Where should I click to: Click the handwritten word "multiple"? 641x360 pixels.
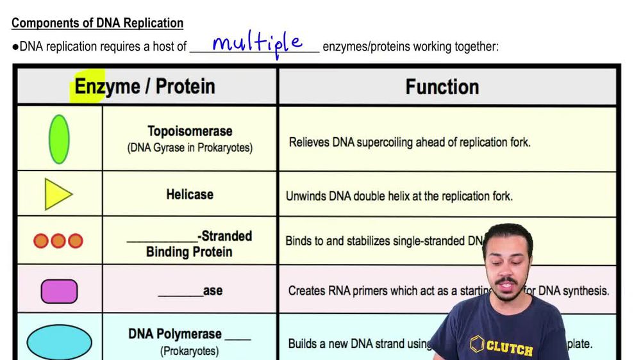[256, 44]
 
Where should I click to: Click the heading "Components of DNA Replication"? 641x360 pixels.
[97, 23]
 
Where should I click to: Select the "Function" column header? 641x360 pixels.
[442, 87]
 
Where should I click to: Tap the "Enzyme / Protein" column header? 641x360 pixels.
[145, 86]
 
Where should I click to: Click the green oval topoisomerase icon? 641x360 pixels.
[59, 139]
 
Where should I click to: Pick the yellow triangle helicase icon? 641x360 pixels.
[58, 194]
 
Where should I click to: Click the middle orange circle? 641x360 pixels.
[58, 241]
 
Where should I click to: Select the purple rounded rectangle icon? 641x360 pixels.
[59, 291]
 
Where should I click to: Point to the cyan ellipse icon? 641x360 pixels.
[59, 342]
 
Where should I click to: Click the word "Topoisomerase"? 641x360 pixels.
[190, 131]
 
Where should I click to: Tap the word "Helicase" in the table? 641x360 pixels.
[190, 194]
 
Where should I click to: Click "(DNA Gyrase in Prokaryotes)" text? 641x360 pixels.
[190, 148]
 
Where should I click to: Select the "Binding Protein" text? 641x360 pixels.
[189, 252]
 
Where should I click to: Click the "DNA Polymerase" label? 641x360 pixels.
[175, 334]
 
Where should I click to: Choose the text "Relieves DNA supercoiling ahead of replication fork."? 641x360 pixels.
[410, 142]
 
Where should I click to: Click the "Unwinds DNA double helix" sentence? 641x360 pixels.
[399, 196]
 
